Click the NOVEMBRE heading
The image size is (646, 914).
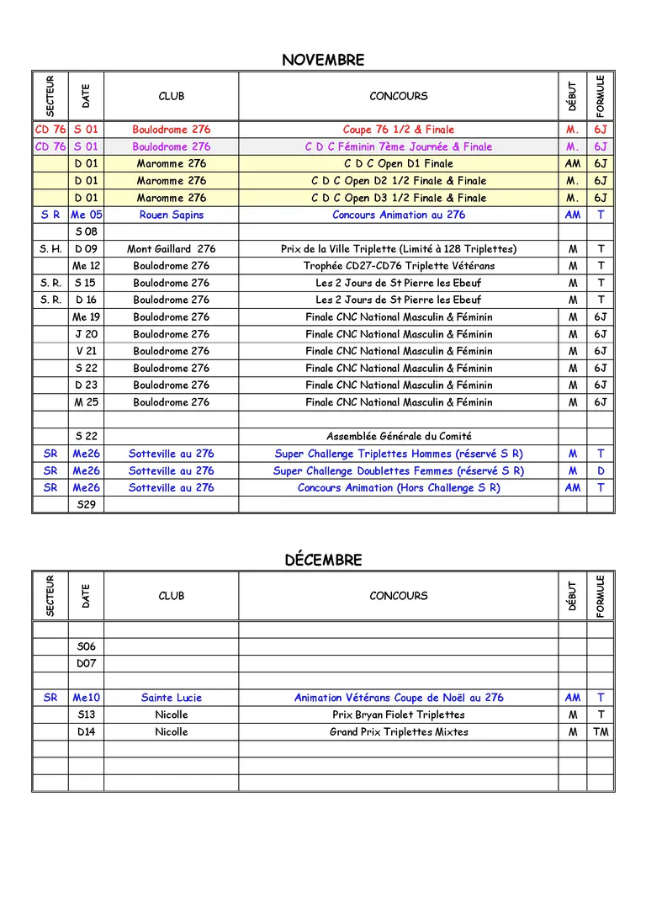point(323,60)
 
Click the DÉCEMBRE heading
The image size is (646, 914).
point(323,560)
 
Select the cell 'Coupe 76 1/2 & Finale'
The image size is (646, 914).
point(398,130)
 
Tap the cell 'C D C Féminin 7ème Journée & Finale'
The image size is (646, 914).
point(398,146)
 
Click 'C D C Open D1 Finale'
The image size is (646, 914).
point(398,163)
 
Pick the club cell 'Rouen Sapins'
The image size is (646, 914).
point(171,215)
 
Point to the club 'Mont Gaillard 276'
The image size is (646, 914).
point(171,249)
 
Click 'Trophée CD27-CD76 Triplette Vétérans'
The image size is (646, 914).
point(398,266)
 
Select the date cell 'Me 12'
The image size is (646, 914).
point(86,266)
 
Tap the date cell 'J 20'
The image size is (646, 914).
point(86,334)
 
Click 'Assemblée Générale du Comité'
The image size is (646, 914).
point(398,436)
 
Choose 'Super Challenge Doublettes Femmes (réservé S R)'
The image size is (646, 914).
point(398,470)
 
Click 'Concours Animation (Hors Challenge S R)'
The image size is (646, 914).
point(398,487)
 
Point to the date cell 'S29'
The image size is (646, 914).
point(86,504)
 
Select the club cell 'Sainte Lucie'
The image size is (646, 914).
point(171,698)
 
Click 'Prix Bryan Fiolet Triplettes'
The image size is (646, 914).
point(398,715)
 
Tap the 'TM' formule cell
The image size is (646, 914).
point(600,732)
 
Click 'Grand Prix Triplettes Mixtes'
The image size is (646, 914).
point(398,732)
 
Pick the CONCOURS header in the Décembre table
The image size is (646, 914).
point(398,596)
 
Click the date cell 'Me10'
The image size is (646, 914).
point(86,698)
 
